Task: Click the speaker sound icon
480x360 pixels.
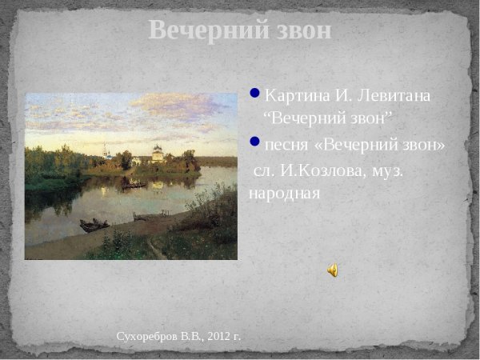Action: tap(332, 270)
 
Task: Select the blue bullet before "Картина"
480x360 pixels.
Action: tap(255, 93)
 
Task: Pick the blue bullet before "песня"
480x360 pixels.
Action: tap(255, 142)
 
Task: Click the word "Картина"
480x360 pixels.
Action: tap(297, 96)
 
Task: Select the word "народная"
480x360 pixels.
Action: tap(284, 193)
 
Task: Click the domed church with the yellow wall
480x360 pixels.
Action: tap(158, 154)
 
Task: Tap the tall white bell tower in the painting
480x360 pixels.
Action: tap(106, 151)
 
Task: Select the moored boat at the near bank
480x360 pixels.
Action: tap(94, 225)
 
